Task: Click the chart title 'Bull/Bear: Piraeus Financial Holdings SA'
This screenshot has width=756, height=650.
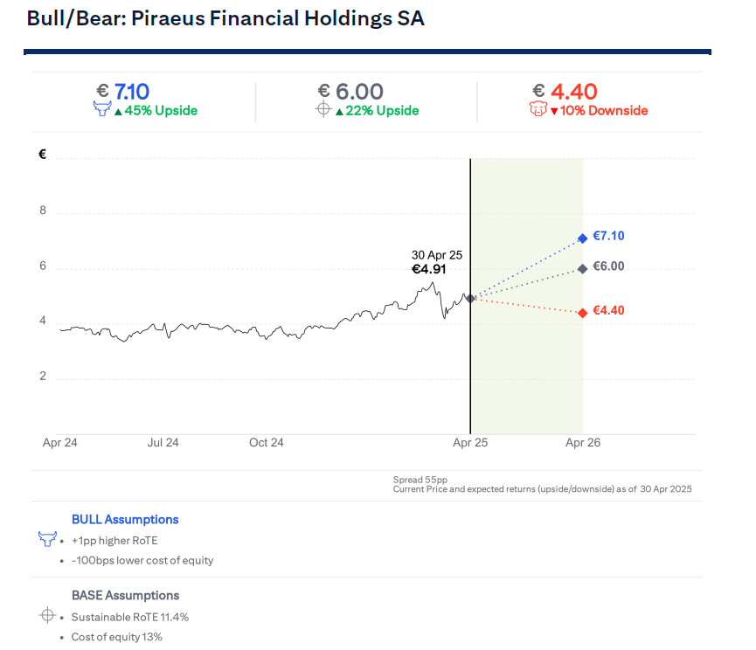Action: click(x=225, y=18)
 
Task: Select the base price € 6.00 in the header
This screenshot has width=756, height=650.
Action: click(x=350, y=91)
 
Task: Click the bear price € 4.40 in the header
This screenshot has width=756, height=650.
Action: click(x=565, y=91)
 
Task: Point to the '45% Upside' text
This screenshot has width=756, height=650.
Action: click(x=160, y=111)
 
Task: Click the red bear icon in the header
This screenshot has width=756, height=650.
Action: click(x=538, y=110)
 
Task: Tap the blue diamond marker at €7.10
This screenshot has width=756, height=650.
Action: click(x=582, y=238)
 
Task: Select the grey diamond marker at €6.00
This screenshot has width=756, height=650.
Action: click(x=582, y=268)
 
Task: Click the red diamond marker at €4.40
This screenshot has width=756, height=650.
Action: click(x=582, y=313)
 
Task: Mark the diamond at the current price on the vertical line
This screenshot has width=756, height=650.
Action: click(x=470, y=299)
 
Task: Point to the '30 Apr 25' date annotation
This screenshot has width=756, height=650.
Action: click(x=437, y=255)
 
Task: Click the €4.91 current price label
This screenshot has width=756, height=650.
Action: click(x=429, y=270)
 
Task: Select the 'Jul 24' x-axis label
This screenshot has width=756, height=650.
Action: click(x=163, y=443)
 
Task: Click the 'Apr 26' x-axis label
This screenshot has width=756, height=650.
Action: click(x=583, y=443)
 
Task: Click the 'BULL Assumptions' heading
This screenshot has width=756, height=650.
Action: click(x=125, y=519)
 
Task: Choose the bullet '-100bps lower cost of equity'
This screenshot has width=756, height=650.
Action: click(x=142, y=560)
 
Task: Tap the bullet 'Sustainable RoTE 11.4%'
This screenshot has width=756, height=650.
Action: click(x=130, y=617)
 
